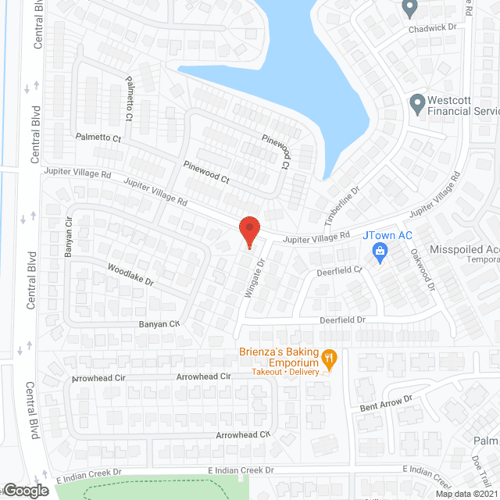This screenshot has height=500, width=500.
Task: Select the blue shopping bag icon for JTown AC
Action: point(380,252)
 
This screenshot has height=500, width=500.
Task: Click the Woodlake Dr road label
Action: point(130,274)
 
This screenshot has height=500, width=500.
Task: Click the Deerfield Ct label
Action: point(340,271)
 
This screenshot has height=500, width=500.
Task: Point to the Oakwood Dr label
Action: point(422,270)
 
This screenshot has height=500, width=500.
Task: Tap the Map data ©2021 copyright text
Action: point(467,494)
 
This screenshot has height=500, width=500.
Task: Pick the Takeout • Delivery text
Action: point(285,373)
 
